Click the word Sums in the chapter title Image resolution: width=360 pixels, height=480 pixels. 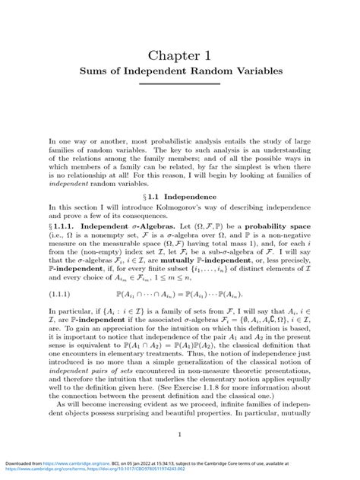click(99, 79)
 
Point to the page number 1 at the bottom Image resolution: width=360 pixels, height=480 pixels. click(179, 434)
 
